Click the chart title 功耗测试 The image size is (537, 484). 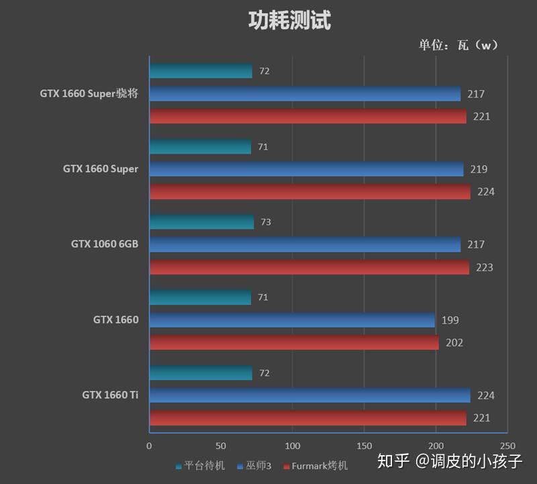coord(289,21)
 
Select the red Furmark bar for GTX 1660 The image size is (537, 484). coord(293,343)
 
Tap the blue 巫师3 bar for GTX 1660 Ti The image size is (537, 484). coord(309,395)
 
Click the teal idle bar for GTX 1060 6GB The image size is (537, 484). coord(201,222)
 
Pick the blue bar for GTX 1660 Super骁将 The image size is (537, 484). coord(305,94)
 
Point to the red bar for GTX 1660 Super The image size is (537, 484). coord(309,192)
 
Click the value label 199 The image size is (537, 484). coord(450,320)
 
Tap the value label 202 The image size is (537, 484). coord(454,343)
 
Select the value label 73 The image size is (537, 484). coord(266,222)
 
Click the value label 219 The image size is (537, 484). coord(479,169)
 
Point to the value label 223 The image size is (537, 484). coord(484,267)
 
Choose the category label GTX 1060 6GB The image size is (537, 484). coord(105,244)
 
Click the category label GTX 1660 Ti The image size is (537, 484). coord(110,395)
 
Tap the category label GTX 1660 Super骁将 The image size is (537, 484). coord(89,94)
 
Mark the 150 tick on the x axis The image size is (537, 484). coord(364,446)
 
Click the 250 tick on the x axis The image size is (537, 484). coord(507,446)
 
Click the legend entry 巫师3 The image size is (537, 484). coord(256,465)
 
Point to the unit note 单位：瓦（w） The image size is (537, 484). coord(459,45)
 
